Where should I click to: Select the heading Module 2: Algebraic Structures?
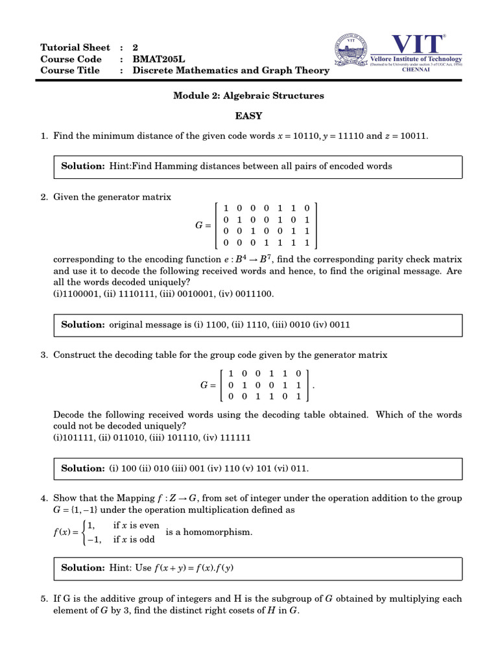pyautogui.click(x=248, y=95)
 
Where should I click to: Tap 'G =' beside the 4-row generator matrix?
pyautogui.click(x=203, y=226)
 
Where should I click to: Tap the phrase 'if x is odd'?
pyautogui.click(x=134, y=539)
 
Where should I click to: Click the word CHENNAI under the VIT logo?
pyautogui.click(x=416, y=70)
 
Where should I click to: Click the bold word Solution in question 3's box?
pyautogui.click(x=82, y=468)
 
